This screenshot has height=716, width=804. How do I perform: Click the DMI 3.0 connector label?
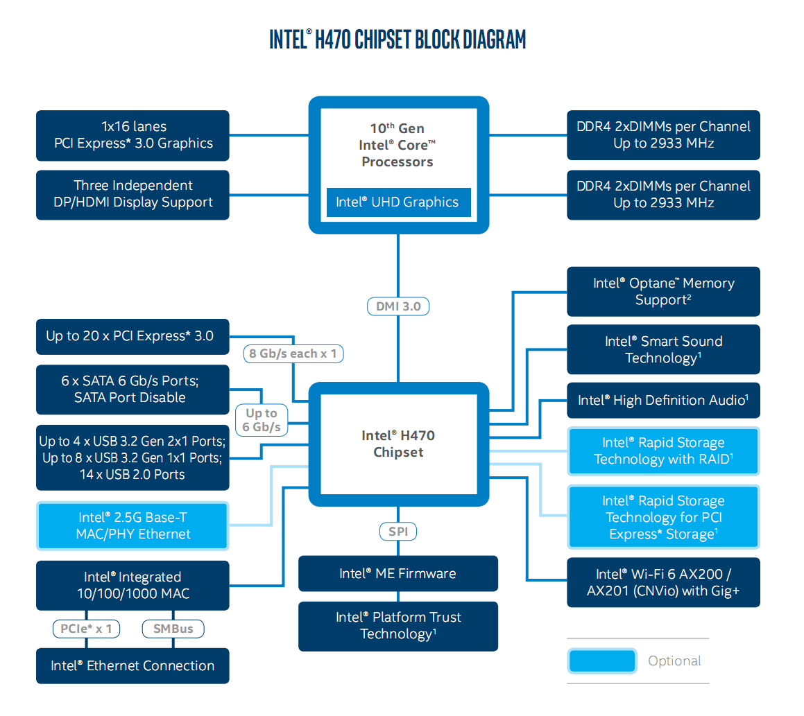point(398,306)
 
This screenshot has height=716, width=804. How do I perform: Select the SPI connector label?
point(398,532)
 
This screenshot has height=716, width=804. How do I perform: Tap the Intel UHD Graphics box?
point(397,202)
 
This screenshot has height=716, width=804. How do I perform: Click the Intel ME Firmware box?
point(398,573)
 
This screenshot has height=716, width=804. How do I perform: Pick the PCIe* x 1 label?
point(86,629)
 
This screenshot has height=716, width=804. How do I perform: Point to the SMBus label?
point(173,629)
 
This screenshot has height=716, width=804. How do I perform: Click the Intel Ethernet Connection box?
point(132,665)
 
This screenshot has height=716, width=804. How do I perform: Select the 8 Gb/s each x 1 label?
point(293,353)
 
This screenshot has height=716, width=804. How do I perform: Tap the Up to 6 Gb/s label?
point(262,420)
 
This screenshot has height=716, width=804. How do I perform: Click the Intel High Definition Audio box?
point(663,400)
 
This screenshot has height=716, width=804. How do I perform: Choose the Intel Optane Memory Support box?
point(663,291)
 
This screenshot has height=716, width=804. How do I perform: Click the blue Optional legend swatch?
point(602,661)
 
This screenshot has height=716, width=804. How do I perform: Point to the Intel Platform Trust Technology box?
point(398,626)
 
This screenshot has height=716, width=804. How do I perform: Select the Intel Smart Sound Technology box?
point(663,349)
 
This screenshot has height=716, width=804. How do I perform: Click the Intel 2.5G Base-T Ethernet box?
point(132,525)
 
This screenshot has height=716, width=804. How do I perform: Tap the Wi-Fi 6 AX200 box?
point(663,582)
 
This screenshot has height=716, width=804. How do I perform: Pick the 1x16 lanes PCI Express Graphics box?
point(132,135)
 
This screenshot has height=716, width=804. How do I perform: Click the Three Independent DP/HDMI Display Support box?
point(132,194)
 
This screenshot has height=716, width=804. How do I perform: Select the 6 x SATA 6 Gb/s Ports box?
point(132,389)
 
